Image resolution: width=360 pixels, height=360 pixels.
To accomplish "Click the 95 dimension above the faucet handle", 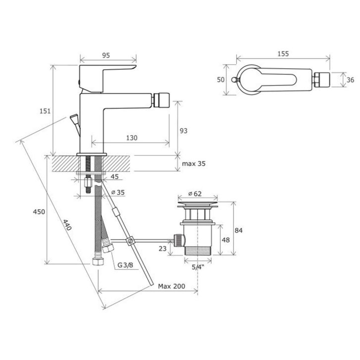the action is click(x=106, y=55).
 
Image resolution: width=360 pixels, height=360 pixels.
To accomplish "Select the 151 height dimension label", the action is click(x=45, y=111).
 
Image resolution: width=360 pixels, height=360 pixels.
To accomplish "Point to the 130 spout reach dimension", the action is click(x=132, y=138).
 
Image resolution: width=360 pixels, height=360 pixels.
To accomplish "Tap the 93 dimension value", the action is click(x=183, y=131).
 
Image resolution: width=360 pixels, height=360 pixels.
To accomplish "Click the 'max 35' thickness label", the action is click(x=194, y=164).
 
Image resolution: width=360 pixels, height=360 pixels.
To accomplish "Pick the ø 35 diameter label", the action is click(x=118, y=193).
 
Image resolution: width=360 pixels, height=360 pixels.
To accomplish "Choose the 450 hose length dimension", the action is click(x=39, y=211).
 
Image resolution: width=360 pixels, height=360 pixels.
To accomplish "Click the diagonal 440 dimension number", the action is click(x=67, y=225).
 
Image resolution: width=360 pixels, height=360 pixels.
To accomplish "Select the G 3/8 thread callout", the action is click(x=125, y=265).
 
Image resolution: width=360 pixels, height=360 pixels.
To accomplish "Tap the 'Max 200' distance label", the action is click(x=171, y=286).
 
